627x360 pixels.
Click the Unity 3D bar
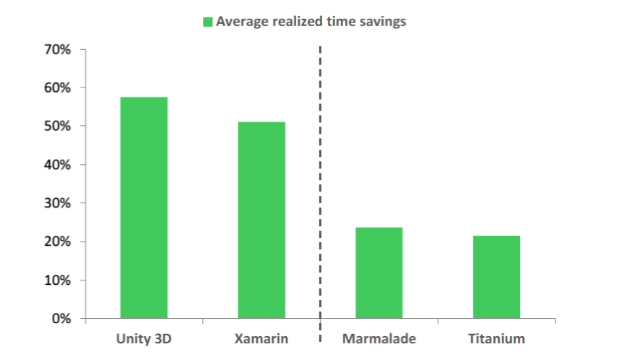(144, 207)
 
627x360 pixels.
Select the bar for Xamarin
(261, 220)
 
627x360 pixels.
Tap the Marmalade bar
(379, 273)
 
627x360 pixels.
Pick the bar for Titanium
(496, 277)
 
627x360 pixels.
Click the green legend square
(207, 22)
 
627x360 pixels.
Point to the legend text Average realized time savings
(311, 22)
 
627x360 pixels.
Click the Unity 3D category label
(144, 338)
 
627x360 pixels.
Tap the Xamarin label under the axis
(261, 338)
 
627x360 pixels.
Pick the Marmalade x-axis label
(379, 338)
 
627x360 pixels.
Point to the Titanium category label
(496, 338)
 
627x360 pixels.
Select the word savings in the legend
(383, 22)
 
